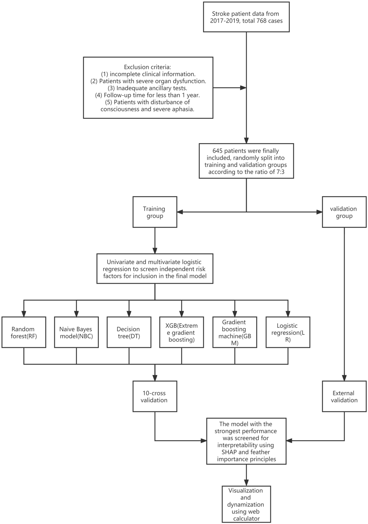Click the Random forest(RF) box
[x=24, y=332]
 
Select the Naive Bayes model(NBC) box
[x=76, y=332]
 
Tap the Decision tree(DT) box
[x=129, y=332]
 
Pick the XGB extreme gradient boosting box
[x=182, y=332]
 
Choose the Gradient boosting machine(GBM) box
[x=235, y=332]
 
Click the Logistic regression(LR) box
[x=288, y=332]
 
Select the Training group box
[x=155, y=212]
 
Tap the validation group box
[x=344, y=212]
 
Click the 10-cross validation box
[x=155, y=396]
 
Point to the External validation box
[x=344, y=396]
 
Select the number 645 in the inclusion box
[x=218, y=151]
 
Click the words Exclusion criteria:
[x=148, y=67]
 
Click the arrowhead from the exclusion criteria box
[x=243, y=88]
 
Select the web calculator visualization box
[x=246, y=504]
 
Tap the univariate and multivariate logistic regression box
[x=155, y=269]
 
